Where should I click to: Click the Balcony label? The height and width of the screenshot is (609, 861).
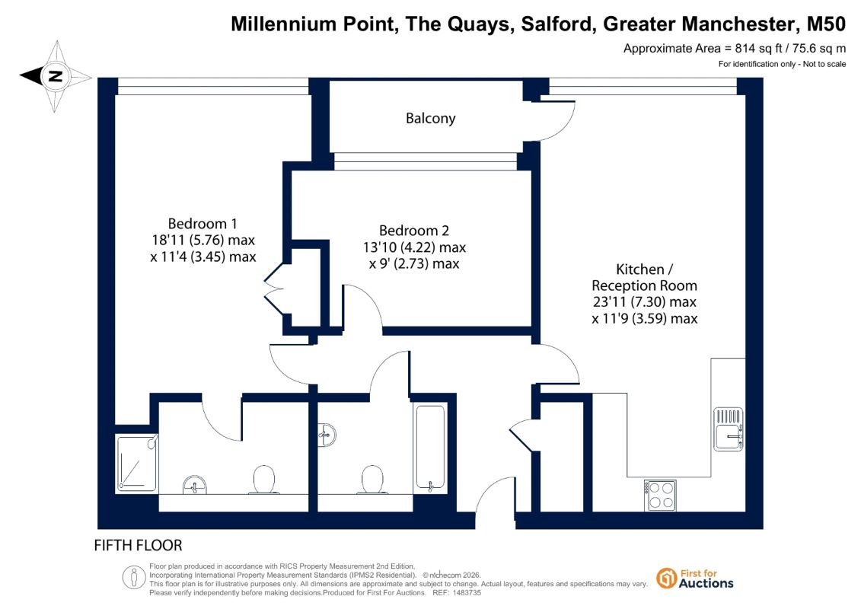click(x=431, y=119)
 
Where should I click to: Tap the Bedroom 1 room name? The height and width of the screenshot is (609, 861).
click(x=202, y=224)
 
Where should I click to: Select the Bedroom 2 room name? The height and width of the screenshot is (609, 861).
click(x=414, y=231)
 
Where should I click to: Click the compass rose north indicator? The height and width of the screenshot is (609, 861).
click(x=55, y=76)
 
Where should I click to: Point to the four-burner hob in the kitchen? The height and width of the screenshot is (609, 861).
click(x=661, y=496)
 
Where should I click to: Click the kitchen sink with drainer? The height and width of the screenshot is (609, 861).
click(x=729, y=429)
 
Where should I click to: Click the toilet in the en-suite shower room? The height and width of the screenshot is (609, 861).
click(x=263, y=480)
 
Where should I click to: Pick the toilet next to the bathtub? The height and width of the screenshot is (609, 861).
click(x=373, y=480)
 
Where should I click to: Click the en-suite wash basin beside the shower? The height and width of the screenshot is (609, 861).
click(x=194, y=485)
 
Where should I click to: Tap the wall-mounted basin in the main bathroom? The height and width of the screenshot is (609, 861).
click(x=327, y=435)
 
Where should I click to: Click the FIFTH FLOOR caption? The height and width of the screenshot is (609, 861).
click(x=138, y=545)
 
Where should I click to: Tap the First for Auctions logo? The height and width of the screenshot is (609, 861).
click(x=695, y=579)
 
